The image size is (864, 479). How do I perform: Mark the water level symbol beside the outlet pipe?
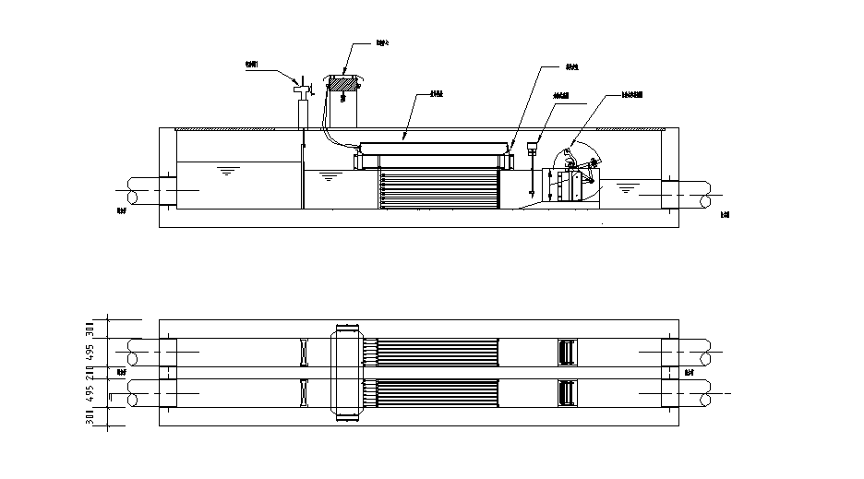(x=626, y=189)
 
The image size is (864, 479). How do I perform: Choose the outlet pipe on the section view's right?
(x=692, y=195)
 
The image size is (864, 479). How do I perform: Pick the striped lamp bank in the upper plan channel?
(x=438, y=352)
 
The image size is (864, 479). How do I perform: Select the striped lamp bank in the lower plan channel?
(x=438, y=393)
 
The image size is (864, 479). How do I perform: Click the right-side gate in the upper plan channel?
(x=567, y=352)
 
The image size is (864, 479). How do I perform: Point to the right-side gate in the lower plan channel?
(x=567, y=393)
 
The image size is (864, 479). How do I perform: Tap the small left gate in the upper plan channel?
(x=303, y=352)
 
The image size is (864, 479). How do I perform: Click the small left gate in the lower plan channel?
(x=303, y=393)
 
